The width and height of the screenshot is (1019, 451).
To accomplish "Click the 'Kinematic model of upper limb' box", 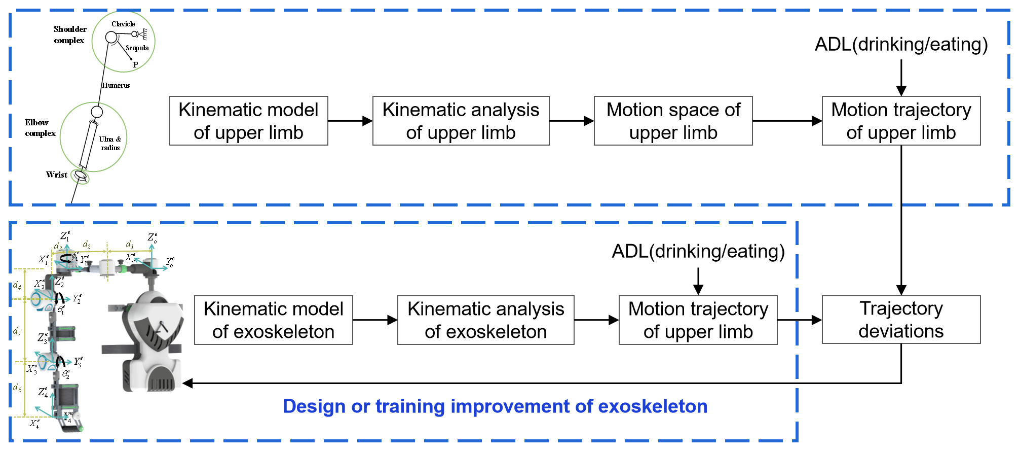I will pyautogui.click(x=248, y=121).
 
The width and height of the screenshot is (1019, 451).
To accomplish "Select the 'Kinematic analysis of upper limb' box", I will pyautogui.click(x=461, y=121).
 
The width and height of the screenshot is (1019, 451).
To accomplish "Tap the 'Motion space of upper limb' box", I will pyautogui.click(x=673, y=121).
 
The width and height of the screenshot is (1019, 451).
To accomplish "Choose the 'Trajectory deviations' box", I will pyautogui.click(x=901, y=320).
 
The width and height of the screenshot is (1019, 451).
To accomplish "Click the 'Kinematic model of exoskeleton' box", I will pyautogui.click(x=273, y=320).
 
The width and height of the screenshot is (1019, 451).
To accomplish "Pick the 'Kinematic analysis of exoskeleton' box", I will pyautogui.click(x=485, y=320).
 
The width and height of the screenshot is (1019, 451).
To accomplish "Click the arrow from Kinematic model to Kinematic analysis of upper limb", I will pyautogui.click(x=350, y=121).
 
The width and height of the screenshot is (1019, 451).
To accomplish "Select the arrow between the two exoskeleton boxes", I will pyautogui.click(x=375, y=320).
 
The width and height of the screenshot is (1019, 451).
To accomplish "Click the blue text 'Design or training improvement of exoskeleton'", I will pyautogui.click(x=495, y=406).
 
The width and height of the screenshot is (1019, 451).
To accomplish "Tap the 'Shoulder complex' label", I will pyautogui.click(x=70, y=34).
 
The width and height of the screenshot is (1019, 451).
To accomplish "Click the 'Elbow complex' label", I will pyautogui.click(x=40, y=128).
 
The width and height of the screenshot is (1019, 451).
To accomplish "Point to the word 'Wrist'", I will pyautogui.click(x=56, y=175).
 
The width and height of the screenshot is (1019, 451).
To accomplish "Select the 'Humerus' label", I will pyautogui.click(x=116, y=85).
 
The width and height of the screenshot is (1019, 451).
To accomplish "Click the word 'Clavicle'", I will pyautogui.click(x=123, y=24).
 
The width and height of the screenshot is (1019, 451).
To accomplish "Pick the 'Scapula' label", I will pyautogui.click(x=137, y=48).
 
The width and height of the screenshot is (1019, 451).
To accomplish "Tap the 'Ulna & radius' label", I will pyautogui.click(x=110, y=143).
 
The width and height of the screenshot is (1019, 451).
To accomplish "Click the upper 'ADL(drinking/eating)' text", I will pyautogui.click(x=901, y=45).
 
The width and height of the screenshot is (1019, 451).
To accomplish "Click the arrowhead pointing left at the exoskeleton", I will pyautogui.click(x=188, y=384).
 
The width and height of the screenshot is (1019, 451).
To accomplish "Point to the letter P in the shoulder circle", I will pyautogui.click(x=135, y=65).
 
